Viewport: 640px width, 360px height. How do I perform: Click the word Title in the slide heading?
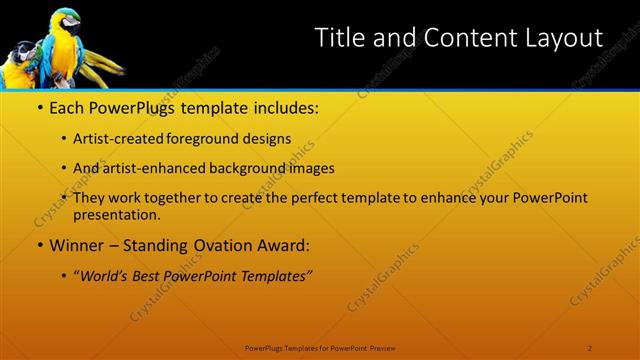(339, 38)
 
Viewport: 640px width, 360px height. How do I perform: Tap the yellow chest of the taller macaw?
(63, 50)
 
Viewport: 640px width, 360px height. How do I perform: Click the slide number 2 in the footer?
(590, 347)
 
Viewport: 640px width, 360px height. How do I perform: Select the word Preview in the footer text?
(385, 347)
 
